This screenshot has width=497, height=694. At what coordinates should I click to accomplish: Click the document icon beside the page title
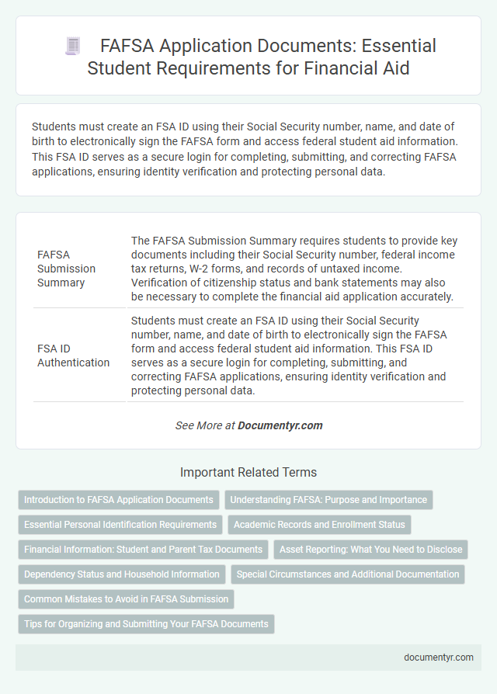(x=73, y=47)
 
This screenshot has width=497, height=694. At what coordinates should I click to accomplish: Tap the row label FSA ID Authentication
(x=73, y=355)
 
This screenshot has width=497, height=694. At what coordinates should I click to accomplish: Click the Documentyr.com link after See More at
(x=280, y=425)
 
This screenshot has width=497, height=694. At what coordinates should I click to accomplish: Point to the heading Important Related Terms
(x=248, y=472)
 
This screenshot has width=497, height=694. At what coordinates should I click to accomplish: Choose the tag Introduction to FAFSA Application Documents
(x=119, y=500)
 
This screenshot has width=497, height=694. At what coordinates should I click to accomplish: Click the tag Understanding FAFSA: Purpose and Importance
(x=328, y=500)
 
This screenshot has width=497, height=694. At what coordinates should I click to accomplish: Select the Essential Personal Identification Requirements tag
(x=120, y=525)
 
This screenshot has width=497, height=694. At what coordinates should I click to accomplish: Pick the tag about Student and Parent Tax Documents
(x=143, y=550)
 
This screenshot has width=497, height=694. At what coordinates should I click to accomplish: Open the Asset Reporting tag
(x=371, y=550)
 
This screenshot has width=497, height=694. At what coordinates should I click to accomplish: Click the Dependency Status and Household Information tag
(x=122, y=574)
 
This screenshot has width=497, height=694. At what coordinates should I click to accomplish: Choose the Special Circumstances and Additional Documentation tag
(x=347, y=574)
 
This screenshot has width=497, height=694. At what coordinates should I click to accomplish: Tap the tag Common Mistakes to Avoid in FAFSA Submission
(x=126, y=599)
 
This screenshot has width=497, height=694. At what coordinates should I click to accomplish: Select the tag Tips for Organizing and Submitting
(x=146, y=624)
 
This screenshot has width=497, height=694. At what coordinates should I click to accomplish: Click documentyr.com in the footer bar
(x=439, y=657)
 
